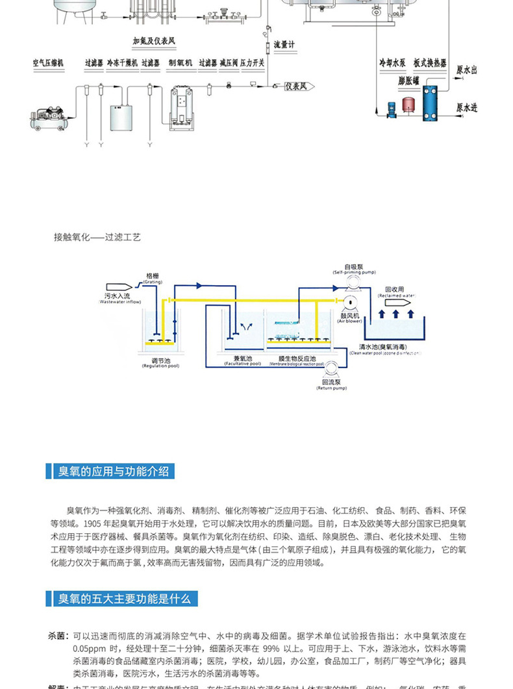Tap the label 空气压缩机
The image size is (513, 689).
pos(48,63)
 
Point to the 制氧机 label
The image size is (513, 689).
pos(180,63)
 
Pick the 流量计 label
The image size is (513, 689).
pos(284,45)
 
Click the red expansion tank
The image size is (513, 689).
pos(408,104)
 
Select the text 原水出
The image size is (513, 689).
pos(467,69)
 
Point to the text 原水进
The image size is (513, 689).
pos(467,108)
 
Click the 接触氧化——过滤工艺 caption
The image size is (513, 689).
pos(97,238)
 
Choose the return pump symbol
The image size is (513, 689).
pos(331,370)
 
